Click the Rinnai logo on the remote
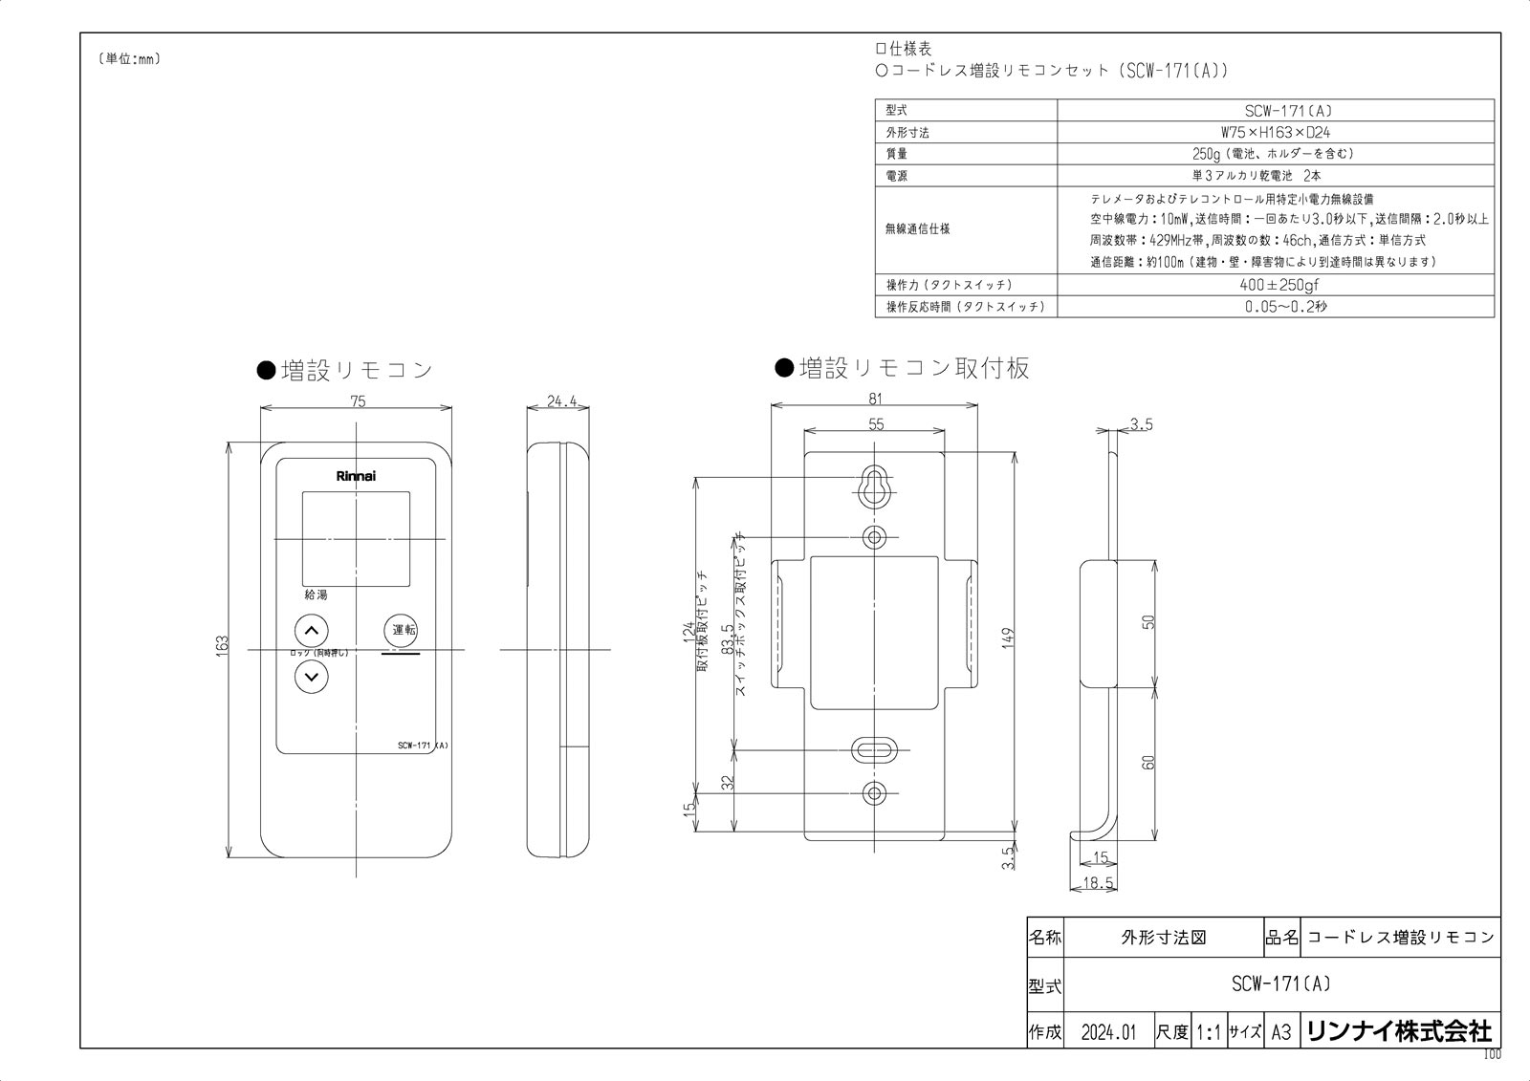(356, 475)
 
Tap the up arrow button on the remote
(311, 631)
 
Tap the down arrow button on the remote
(311, 677)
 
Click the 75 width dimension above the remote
(358, 401)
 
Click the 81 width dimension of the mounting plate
(874, 399)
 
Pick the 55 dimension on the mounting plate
(876, 424)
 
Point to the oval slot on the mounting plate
(874, 749)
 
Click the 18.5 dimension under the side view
(1099, 883)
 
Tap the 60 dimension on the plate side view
(1149, 762)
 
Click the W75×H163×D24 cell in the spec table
(1275, 132)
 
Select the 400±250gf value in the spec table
(1275, 285)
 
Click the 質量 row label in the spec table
(896, 154)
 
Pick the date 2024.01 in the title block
(1108, 1032)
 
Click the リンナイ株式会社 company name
(1398, 1031)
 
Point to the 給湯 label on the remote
(316, 595)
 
